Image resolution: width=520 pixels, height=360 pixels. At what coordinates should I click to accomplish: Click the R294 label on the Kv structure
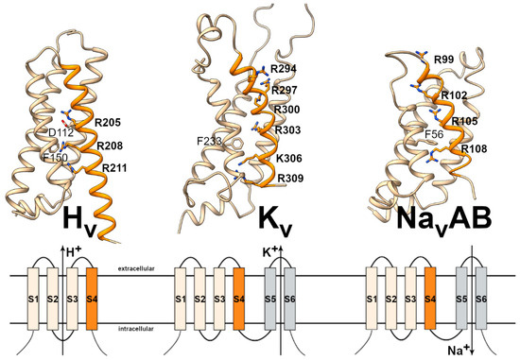click(x=284, y=70)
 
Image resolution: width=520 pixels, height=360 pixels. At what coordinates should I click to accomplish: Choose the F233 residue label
click(x=211, y=143)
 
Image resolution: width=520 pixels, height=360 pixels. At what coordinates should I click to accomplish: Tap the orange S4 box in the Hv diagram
click(x=92, y=300)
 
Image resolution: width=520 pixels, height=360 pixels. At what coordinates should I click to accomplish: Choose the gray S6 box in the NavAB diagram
click(x=481, y=300)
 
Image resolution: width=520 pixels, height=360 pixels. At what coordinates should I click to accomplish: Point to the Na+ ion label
click(x=459, y=349)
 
